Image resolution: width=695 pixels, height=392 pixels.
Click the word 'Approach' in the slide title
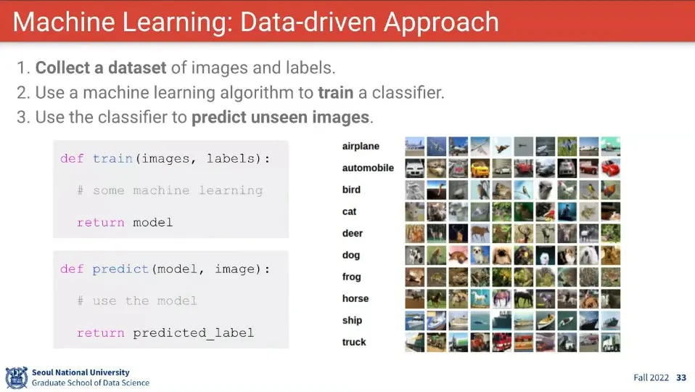(x=441, y=23)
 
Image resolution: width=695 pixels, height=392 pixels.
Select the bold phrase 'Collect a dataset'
(x=101, y=68)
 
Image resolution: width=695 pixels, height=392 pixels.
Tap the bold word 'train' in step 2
(x=336, y=93)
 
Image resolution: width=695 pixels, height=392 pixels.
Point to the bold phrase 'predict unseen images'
(x=280, y=118)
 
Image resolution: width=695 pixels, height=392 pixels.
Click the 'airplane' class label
(x=361, y=147)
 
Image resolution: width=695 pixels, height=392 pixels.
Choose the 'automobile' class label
(x=368, y=168)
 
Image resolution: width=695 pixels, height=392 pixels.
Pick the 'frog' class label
(x=351, y=277)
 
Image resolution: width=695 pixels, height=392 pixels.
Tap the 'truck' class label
(x=354, y=342)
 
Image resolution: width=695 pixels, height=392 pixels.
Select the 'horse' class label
(x=355, y=298)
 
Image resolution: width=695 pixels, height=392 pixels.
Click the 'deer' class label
(x=352, y=233)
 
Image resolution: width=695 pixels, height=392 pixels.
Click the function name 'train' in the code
(x=112, y=159)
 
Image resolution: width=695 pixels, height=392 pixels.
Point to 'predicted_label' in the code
(x=194, y=333)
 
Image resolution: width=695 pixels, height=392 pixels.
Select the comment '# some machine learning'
(x=170, y=191)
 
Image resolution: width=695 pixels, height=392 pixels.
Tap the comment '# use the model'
(x=137, y=301)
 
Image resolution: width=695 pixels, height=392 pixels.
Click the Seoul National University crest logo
(x=17, y=377)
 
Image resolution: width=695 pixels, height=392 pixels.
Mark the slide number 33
(x=681, y=377)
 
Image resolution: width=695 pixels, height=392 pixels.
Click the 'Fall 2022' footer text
(x=651, y=377)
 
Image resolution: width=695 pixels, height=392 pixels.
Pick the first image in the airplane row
(x=415, y=147)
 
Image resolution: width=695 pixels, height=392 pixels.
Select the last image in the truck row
(x=611, y=343)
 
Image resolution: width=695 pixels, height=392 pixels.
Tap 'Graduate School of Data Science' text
(x=91, y=383)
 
